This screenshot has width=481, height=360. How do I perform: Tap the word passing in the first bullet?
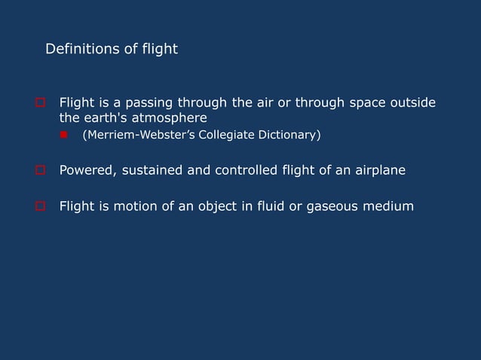point(138,102)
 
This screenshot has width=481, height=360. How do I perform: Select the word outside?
point(410,102)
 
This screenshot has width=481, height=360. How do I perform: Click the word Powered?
point(86,170)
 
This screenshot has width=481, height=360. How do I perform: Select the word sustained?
point(151,170)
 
